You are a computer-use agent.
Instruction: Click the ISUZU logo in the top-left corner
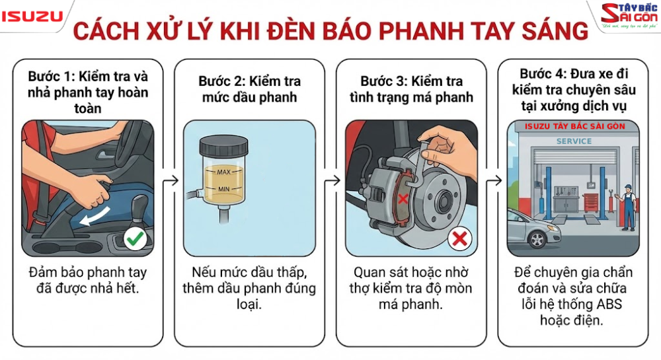click(x=31, y=16)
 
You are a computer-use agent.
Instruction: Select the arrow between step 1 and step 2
click(x=171, y=180)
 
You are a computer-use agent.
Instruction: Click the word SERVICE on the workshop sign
click(x=574, y=141)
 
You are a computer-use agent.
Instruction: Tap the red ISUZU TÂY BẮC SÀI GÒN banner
click(x=574, y=126)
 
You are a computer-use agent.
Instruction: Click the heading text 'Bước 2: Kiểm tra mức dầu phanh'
click(x=249, y=89)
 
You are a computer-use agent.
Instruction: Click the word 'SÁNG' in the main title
click(x=546, y=31)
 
